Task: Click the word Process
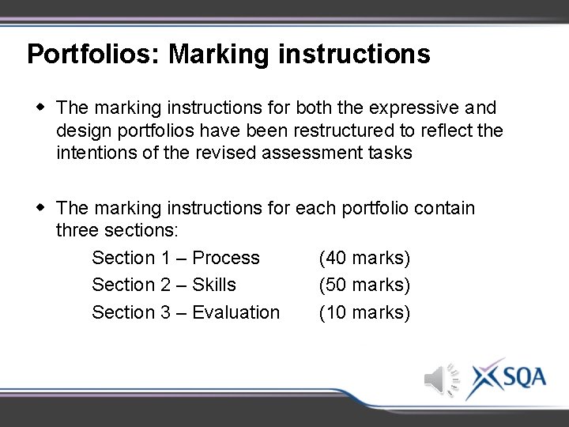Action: point(226,258)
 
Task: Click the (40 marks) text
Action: point(364,258)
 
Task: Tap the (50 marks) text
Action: point(364,285)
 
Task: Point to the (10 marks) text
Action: point(364,312)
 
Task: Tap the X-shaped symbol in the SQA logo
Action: point(484,378)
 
